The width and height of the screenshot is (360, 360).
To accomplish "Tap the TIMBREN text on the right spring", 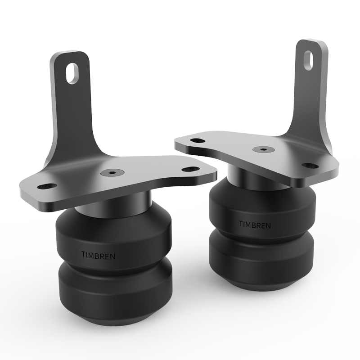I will pos(254,224).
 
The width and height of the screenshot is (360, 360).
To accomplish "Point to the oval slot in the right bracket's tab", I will pos(310,60).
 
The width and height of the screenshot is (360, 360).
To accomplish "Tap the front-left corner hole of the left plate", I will pos(45,185).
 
